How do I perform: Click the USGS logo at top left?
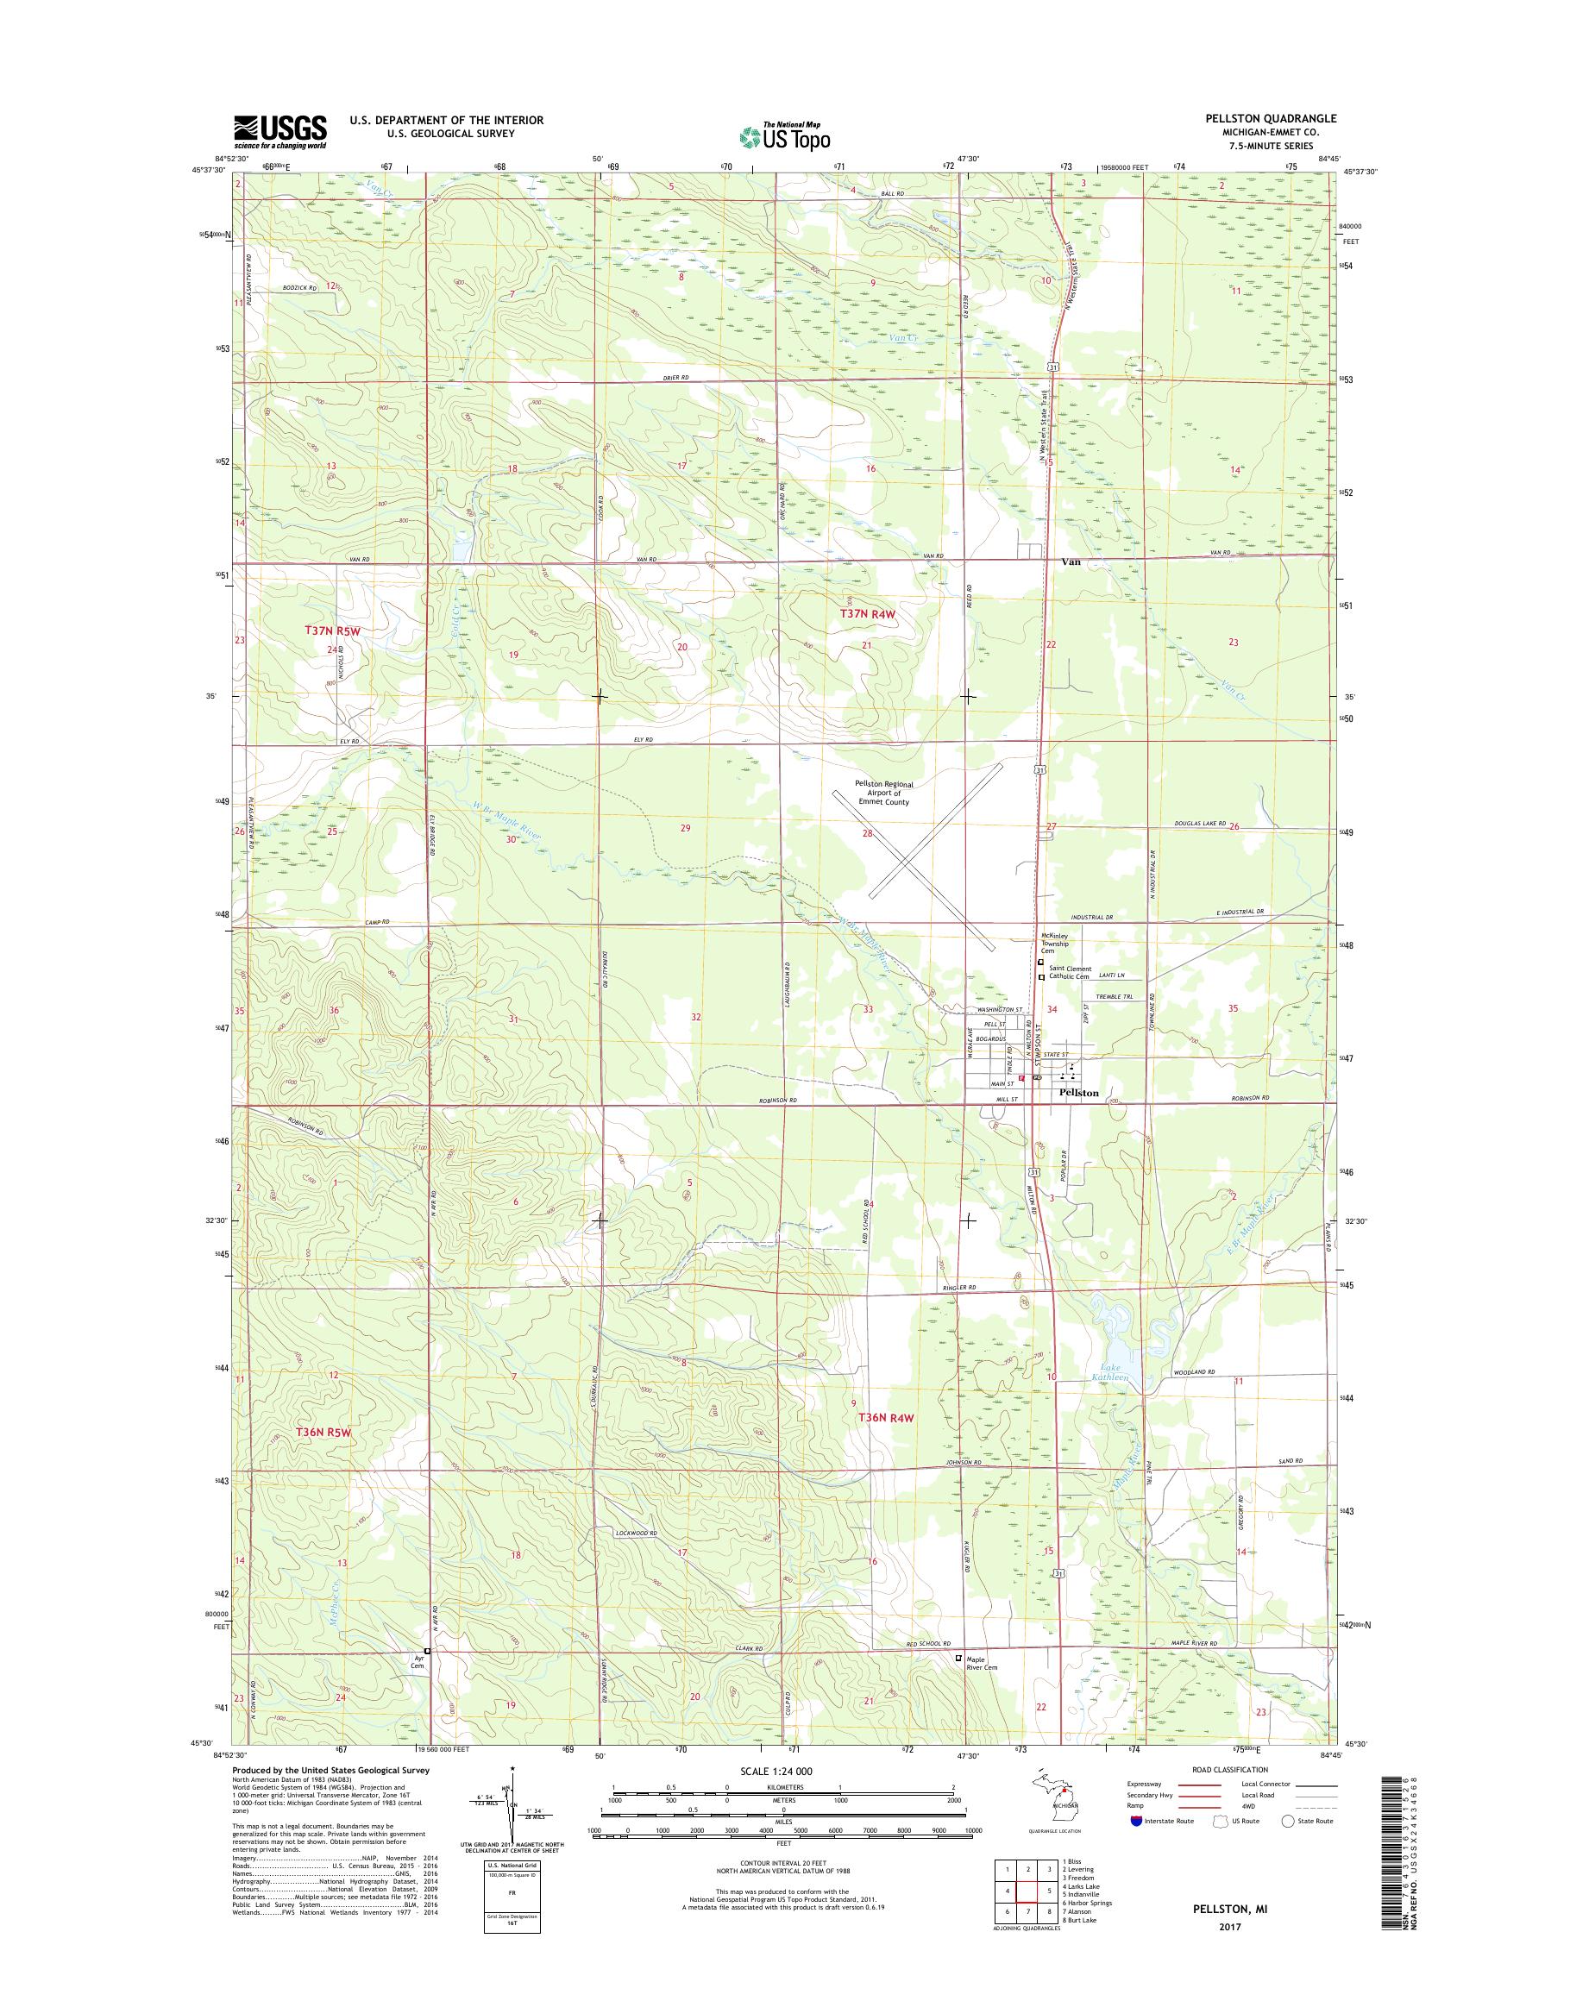279,132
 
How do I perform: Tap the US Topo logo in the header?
785,136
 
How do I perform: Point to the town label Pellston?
1078,1093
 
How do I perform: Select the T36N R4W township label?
887,1443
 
